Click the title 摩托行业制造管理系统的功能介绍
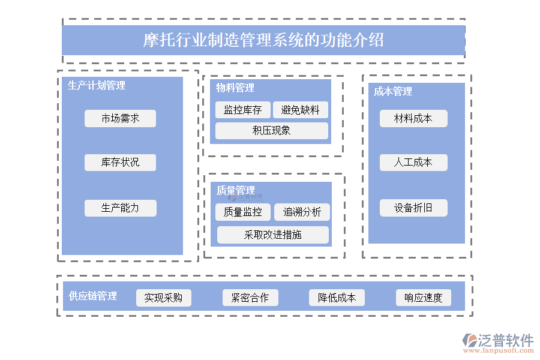click(263, 40)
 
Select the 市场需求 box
click(120, 118)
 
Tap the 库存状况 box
click(120, 162)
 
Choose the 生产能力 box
click(120, 208)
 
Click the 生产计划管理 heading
click(97, 85)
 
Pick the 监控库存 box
click(242, 110)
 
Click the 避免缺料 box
click(300, 110)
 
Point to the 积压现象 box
click(272, 130)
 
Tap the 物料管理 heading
click(235, 88)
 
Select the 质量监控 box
click(242, 212)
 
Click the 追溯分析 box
click(302, 212)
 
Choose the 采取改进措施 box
click(272, 235)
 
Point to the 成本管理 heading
click(393, 91)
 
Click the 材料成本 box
click(413, 118)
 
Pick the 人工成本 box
click(413, 162)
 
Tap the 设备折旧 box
click(413, 208)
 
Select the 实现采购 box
click(163, 298)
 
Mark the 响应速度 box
click(423, 298)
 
